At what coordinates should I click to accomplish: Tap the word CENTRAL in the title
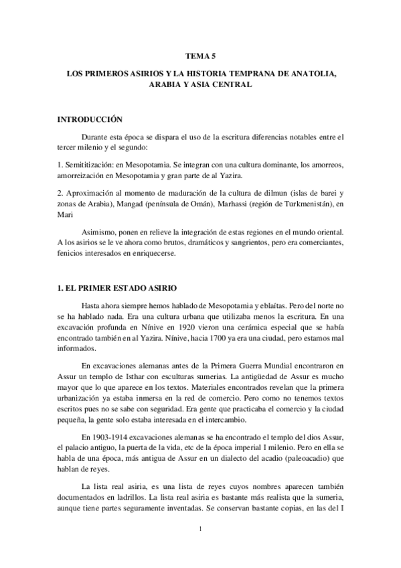231,86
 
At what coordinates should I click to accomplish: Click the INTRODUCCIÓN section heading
90,119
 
